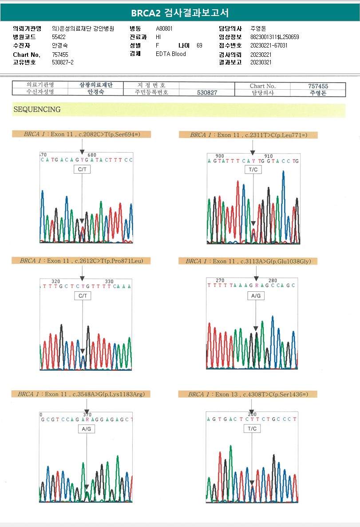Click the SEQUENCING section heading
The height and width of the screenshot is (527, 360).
[37, 109]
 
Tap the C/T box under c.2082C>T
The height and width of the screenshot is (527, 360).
[82, 169]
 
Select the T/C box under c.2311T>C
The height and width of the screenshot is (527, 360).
[253, 170]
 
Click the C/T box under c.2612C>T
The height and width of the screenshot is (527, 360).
[82, 296]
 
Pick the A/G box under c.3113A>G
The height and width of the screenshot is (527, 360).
[256, 295]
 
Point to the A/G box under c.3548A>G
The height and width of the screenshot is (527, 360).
[87, 429]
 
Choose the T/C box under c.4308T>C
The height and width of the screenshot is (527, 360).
[252, 429]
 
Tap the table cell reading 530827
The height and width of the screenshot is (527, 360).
[207, 93]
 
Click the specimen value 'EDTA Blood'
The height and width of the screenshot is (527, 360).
[171, 54]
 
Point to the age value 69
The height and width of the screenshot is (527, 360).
[199, 45]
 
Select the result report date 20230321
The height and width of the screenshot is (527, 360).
[261, 62]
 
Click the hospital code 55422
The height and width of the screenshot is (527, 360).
[59, 37]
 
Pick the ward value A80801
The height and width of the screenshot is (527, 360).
[164, 28]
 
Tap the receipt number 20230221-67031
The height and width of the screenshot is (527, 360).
[269, 45]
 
